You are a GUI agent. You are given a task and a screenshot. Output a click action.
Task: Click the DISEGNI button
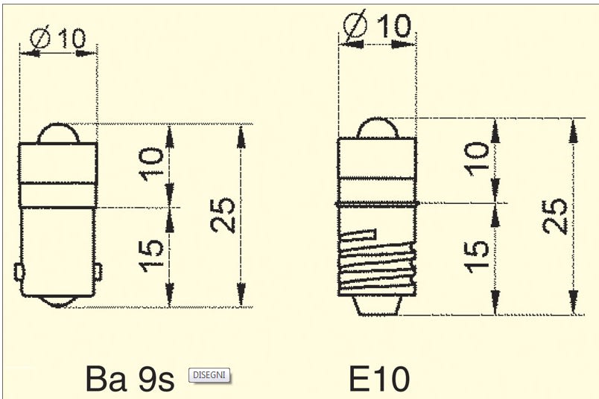tap(209, 375)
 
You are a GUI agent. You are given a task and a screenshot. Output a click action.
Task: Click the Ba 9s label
tap(130, 378)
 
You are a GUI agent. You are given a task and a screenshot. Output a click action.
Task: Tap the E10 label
tap(379, 378)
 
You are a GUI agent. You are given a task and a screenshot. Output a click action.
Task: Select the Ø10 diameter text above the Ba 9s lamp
tap(58, 37)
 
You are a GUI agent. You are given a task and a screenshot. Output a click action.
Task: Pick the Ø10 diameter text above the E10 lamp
tap(377, 25)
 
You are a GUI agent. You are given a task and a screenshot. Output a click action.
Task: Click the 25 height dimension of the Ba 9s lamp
tap(223, 214)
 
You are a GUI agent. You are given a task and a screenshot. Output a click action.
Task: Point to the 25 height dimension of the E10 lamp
tap(555, 216)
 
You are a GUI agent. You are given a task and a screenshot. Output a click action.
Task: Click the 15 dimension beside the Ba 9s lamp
tap(152, 256)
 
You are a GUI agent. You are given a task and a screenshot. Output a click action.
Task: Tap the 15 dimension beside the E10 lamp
tap(476, 257)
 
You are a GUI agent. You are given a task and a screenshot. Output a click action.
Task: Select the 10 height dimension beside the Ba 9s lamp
tap(151, 165)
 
